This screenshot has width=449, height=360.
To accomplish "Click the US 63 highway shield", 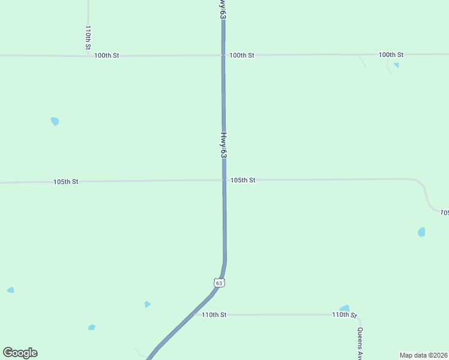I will click(219, 282).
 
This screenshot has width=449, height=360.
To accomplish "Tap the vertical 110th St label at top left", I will click(88, 37).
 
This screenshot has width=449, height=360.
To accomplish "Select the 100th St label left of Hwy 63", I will click(107, 55).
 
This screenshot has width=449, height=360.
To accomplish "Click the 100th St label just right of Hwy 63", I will click(242, 55).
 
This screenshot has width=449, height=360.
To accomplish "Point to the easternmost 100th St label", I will click(391, 55).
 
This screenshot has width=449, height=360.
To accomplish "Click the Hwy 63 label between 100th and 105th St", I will click(223, 145).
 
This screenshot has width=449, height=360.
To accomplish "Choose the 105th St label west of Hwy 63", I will click(66, 181).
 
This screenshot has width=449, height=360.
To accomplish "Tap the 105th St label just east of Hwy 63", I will click(243, 180).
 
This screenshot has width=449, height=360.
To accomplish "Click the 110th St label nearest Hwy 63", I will click(214, 314).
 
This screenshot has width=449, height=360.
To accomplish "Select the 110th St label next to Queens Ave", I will click(345, 315).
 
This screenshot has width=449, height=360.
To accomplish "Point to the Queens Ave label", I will click(360, 342).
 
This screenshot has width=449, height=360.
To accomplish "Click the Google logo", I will click(20, 353).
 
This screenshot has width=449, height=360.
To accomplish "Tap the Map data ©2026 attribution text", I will click(424, 355).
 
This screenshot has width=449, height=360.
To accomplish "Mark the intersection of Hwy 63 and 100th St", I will click(223, 55).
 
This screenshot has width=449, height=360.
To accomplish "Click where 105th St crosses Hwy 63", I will click(224, 180).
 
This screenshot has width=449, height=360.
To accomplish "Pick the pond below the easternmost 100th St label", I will click(396, 65).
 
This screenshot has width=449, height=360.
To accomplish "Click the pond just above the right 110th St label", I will click(345, 308).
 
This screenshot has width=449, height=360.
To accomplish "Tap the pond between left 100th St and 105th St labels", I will click(55, 121).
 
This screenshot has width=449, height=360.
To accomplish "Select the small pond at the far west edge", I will click(10, 290).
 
